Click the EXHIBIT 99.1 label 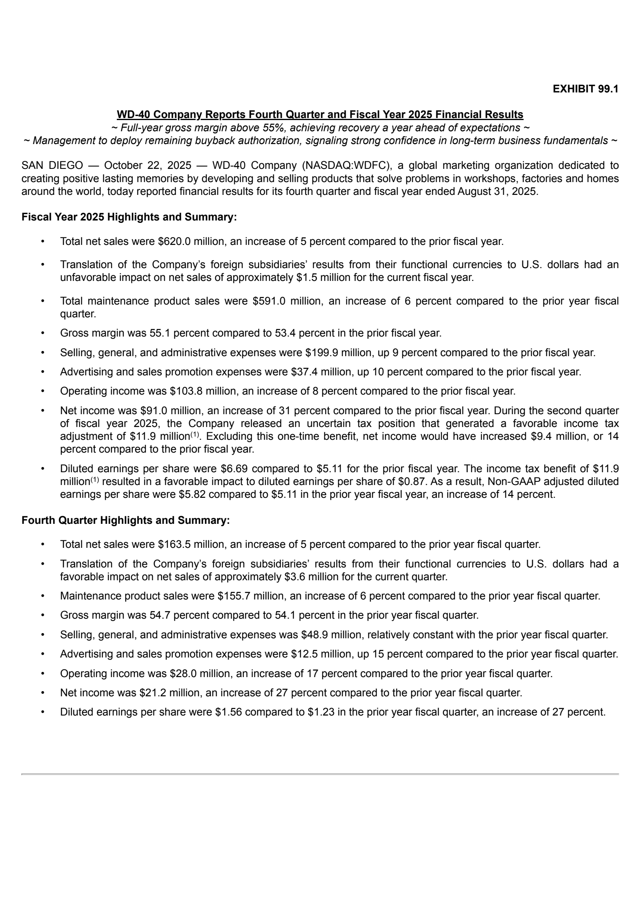point(585,89)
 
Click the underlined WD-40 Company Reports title point(320,114)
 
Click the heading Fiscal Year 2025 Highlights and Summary point(129,217)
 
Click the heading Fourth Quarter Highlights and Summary point(125,520)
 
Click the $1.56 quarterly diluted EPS point(230,712)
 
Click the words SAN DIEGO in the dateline point(52,165)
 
